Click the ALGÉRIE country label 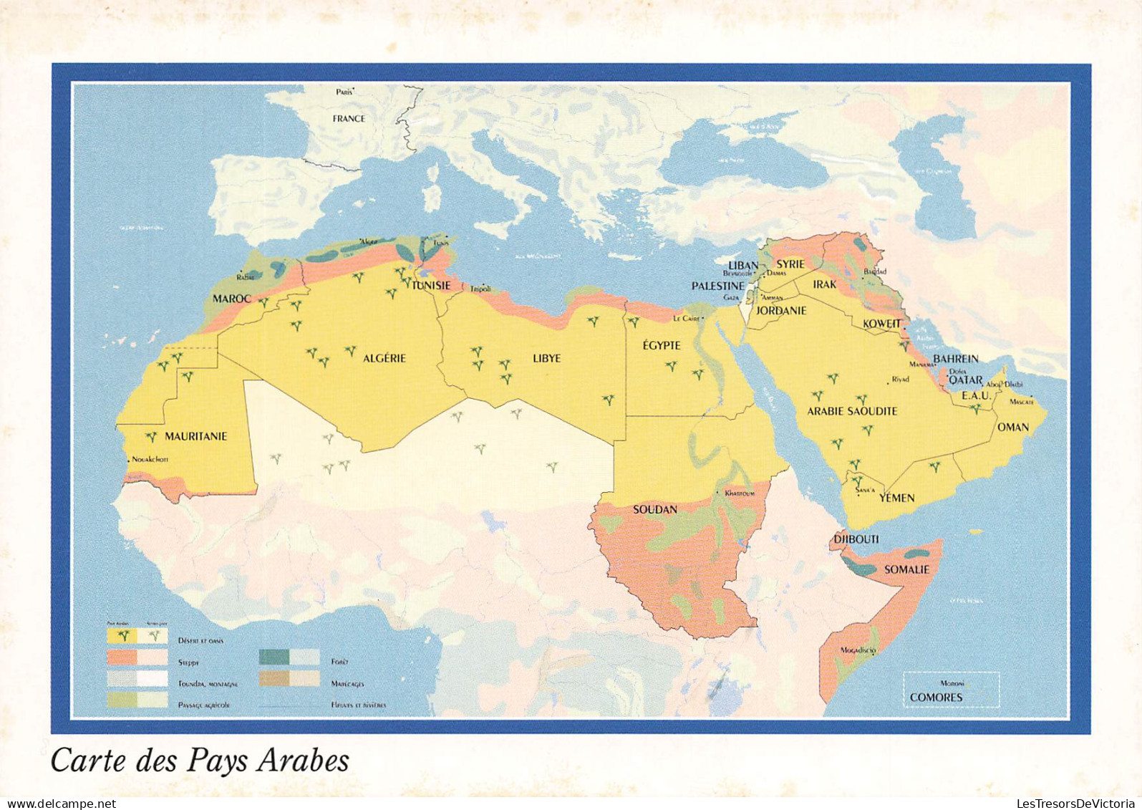pyautogui.click(x=384, y=358)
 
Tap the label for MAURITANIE pyautogui.click(x=195, y=436)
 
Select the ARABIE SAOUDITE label pyautogui.click(x=852, y=411)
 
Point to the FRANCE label pyautogui.click(x=349, y=119)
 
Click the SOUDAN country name pyautogui.click(x=654, y=510)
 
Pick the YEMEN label pyautogui.click(x=896, y=498)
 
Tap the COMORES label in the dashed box pyautogui.click(x=936, y=697)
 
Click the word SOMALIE pyautogui.click(x=906, y=569)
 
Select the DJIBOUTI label pyautogui.click(x=856, y=539)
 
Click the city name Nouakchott pyautogui.click(x=150, y=460)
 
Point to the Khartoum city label pyautogui.click(x=740, y=493)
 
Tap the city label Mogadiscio pyautogui.click(x=858, y=650)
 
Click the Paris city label pyautogui.click(x=345, y=92)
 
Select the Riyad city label pyautogui.click(x=900, y=380)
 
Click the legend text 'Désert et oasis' pyautogui.click(x=200, y=640)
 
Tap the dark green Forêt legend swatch pyautogui.click(x=274, y=657)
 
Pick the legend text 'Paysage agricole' pyautogui.click(x=203, y=705)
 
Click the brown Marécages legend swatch pyautogui.click(x=274, y=678)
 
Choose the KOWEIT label pyautogui.click(x=882, y=324)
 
